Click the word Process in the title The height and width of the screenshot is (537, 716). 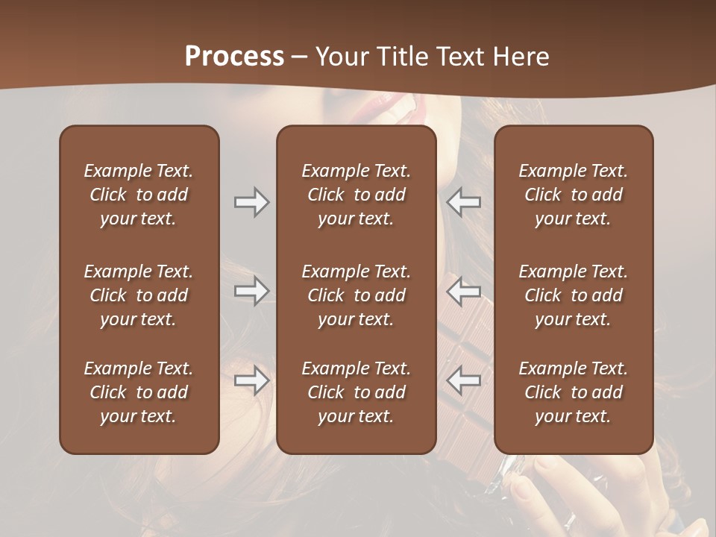[x=234, y=57]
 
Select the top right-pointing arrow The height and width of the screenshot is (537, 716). [x=252, y=202]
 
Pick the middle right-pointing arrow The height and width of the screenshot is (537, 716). [x=252, y=291]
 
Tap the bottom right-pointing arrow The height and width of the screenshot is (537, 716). [x=252, y=380]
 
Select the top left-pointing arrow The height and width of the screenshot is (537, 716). [x=463, y=202]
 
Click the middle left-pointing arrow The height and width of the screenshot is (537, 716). [x=463, y=291]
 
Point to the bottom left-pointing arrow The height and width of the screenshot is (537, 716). [x=463, y=380]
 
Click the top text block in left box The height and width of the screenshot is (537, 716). [x=139, y=195]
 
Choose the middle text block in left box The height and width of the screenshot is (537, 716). [x=139, y=295]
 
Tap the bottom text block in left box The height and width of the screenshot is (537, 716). [x=139, y=392]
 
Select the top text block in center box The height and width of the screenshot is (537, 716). [x=356, y=195]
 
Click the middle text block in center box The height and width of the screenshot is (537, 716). [x=356, y=295]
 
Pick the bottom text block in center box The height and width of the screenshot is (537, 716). [x=356, y=392]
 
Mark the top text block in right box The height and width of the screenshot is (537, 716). [x=573, y=195]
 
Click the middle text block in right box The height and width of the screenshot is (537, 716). [x=573, y=295]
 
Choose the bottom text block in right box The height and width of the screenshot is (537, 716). [x=573, y=392]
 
